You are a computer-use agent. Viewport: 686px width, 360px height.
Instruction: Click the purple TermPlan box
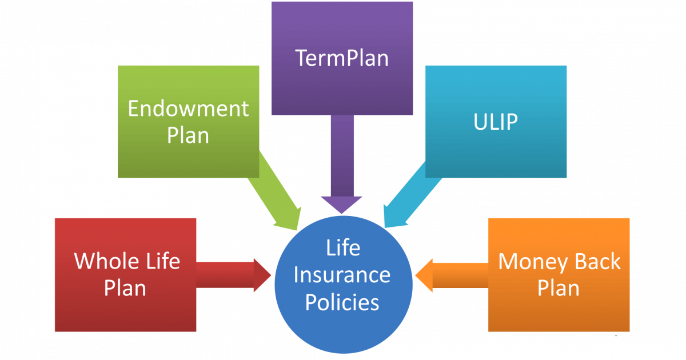pos(342,58)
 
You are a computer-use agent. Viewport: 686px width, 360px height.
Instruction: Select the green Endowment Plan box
pos(188,122)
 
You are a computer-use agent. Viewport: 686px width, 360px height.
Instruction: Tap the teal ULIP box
pos(496,122)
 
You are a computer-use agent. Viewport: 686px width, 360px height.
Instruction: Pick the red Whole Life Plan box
pos(126,275)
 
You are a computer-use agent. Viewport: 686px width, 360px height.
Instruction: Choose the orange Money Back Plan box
pos(559,275)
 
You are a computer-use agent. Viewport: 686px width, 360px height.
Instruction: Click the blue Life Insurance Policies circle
pos(344,285)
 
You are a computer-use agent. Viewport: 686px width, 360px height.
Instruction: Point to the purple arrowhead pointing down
pos(341,205)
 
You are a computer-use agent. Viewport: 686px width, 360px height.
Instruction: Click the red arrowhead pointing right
pos(262,275)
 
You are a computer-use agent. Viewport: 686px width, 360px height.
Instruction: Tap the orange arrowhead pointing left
pos(424,275)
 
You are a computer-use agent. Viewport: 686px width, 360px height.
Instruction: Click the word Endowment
pos(188,109)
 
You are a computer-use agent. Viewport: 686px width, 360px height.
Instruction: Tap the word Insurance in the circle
pos(342,275)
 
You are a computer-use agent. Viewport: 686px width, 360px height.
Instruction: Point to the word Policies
pos(342,302)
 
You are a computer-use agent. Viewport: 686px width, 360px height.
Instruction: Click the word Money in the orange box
pos(533,262)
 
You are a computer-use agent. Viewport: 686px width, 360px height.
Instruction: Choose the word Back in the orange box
pos(597,262)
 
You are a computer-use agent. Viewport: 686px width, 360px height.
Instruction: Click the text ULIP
pos(496,122)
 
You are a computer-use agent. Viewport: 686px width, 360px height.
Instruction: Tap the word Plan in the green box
pos(188,135)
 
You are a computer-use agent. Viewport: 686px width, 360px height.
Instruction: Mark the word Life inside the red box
pos(163,261)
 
